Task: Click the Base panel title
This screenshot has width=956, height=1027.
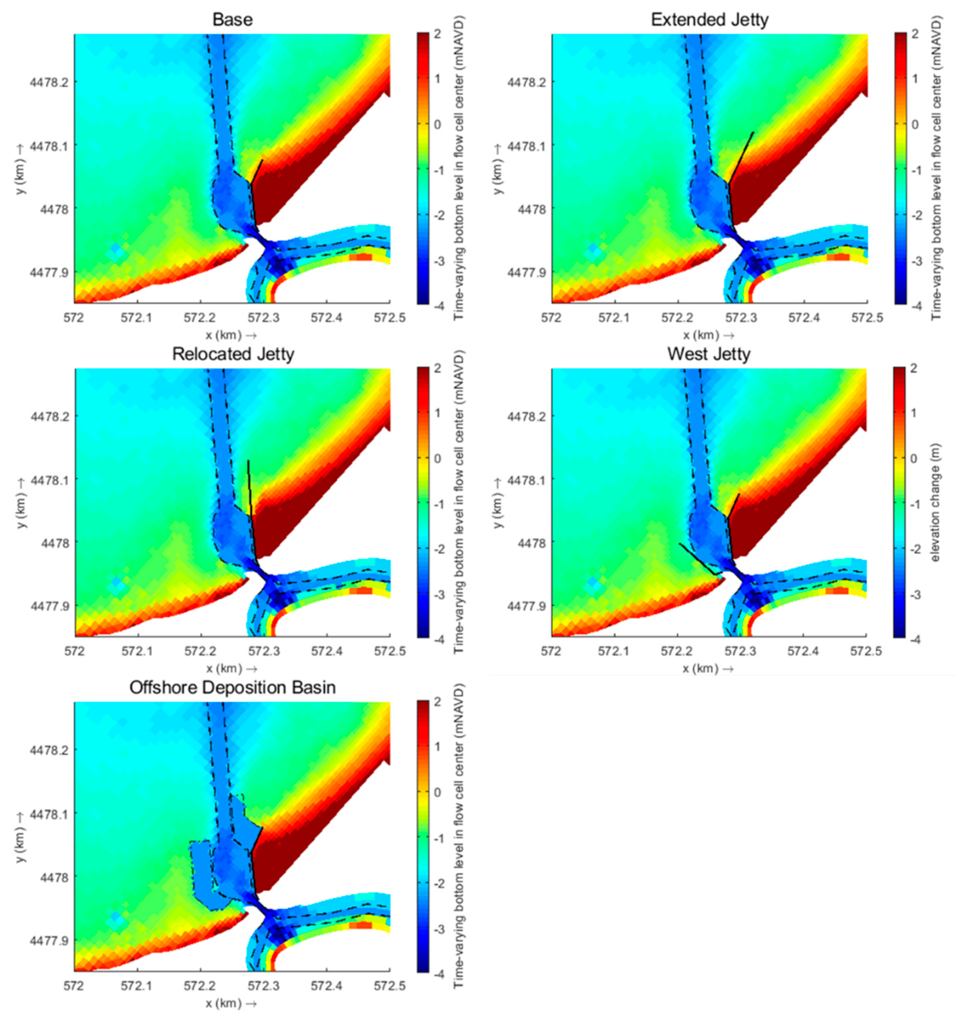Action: click(233, 20)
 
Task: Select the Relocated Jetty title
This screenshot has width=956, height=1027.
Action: click(233, 354)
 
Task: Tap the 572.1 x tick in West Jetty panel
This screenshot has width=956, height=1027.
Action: click(614, 651)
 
